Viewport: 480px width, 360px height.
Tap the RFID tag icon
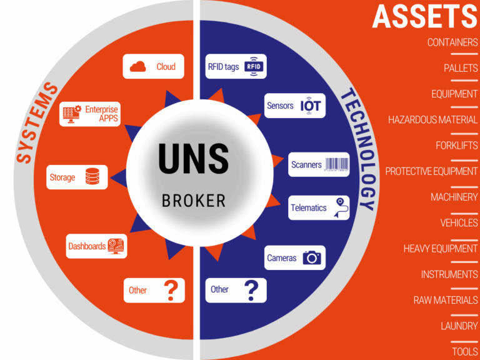pos(253,66)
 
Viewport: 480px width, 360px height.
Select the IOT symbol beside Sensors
pos(310,106)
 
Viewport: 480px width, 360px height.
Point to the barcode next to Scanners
pos(337,165)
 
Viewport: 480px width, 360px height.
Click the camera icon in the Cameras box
pos(312,257)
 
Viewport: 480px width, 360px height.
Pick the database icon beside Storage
pos(92,177)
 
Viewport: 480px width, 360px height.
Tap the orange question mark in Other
pos(171,290)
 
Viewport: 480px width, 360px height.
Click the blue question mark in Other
pos(251,289)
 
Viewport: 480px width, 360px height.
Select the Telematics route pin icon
pos(340,207)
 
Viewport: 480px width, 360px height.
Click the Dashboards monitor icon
pos(116,246)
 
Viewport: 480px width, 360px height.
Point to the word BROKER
pos(194,201)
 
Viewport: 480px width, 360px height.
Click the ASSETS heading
pos(424,16)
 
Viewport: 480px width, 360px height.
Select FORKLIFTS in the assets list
pos(456,146)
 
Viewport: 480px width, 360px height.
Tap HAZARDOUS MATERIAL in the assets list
pos(432,119)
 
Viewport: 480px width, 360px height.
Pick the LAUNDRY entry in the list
pos(459,326)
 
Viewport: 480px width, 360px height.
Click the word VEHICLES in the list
pos(459,222)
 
